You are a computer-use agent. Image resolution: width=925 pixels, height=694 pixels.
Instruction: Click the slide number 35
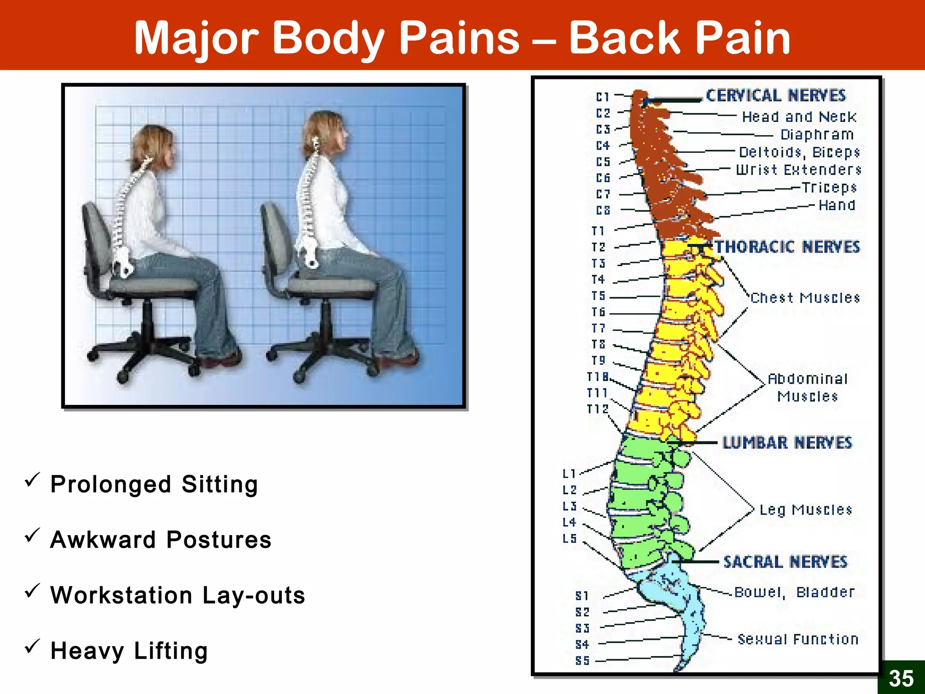coord(901,678)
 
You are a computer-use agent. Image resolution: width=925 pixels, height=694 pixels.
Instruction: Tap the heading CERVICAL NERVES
coord(776,96)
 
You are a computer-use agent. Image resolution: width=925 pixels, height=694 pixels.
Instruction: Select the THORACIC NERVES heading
coord(787,247)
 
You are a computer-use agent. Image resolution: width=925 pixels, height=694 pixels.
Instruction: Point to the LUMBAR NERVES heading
coord(787,443)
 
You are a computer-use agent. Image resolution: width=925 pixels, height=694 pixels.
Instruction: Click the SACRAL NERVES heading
coord(785,562)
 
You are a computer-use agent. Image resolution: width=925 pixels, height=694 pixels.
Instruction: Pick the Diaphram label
coord(817,135)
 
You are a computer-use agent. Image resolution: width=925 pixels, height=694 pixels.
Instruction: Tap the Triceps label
coord(829,187)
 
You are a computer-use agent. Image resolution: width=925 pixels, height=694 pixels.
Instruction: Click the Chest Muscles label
coord(805,298)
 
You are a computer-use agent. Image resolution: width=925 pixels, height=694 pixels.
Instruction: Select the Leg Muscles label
coord(805,510)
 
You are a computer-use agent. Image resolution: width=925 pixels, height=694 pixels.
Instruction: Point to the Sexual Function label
coord(798,639)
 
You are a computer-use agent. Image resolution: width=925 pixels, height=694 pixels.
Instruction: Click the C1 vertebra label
coord(603,97)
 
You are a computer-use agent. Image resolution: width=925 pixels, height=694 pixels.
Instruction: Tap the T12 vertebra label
coord(597,409)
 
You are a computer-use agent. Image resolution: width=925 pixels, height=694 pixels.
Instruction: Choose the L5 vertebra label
coord(570,539)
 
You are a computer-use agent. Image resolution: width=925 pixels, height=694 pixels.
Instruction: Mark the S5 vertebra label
coord(582,661)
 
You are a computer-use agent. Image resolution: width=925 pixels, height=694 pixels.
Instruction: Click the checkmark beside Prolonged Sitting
coord(33,480)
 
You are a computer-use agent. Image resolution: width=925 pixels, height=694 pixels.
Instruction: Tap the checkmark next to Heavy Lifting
coord(33,647)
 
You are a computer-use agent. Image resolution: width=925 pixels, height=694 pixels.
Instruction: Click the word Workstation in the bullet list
coord(121,595)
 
